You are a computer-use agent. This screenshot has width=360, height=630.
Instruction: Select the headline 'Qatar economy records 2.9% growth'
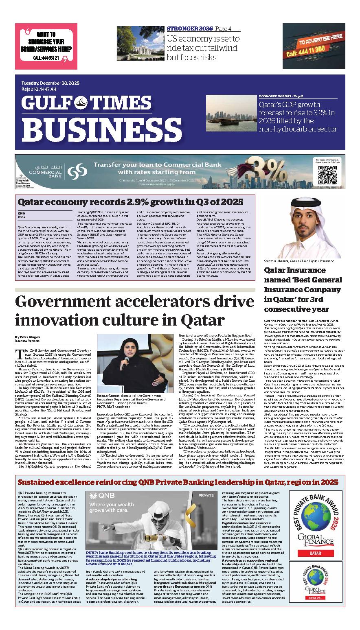[130, 202]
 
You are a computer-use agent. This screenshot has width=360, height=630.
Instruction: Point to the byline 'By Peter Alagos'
[28, 337]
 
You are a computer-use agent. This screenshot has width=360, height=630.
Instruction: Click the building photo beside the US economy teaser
[140, 43]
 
